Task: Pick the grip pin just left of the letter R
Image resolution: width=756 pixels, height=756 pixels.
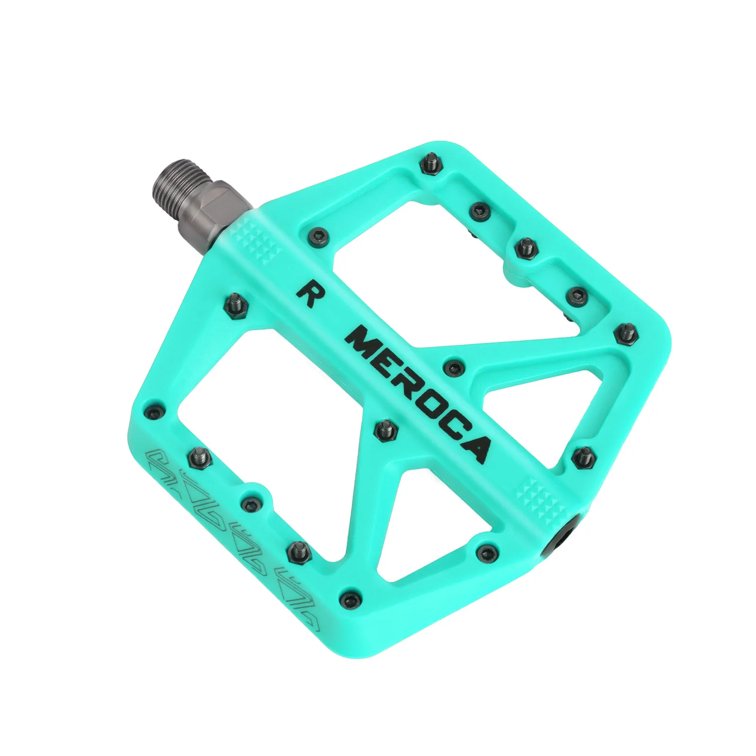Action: click(235, 301)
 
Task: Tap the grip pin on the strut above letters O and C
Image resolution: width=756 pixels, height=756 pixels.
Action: click(454, 366)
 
